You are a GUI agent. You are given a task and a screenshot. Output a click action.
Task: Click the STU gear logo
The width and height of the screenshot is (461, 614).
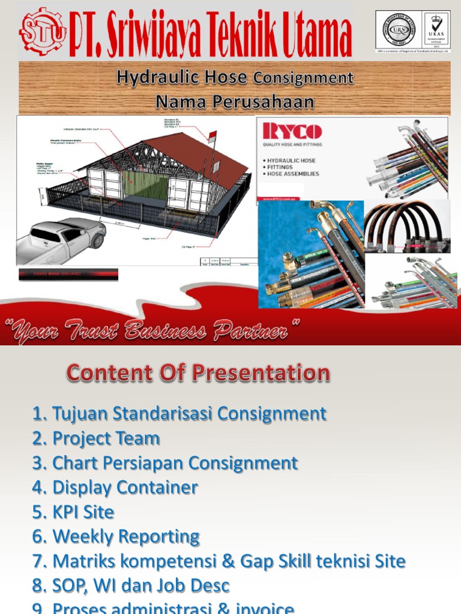click(x=41, y=31)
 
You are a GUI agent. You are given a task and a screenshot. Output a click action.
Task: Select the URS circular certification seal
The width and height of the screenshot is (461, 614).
click(x=399, y=29)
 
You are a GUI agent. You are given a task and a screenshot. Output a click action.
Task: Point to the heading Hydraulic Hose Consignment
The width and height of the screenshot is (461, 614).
click(x=235, y=77)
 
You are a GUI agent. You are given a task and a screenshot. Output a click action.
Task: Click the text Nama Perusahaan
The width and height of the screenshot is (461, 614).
click(x=235, y=102)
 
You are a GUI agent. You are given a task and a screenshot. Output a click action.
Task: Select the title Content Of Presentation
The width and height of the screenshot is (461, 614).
click(x=198, y=373)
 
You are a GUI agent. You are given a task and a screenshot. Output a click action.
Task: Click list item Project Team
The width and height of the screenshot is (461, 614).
click(x=106, y=438)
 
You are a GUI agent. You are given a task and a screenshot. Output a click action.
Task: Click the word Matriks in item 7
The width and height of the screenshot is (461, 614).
click(x=83, y=561)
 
